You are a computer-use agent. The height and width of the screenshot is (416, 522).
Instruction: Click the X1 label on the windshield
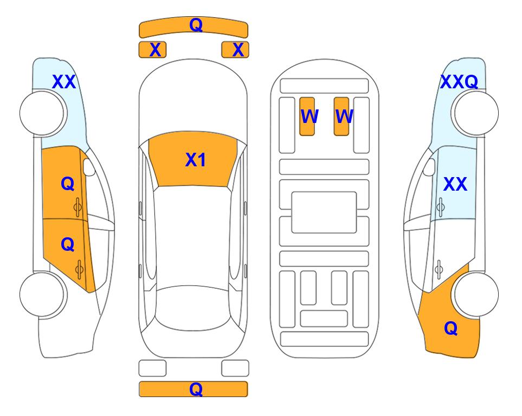(x=196, y=160)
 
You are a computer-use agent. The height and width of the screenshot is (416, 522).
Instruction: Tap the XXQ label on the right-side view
(x=459, y=82)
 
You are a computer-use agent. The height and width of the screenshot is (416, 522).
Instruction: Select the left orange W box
(x=307, y=116)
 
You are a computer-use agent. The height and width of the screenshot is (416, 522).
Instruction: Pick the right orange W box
(x=341, y=116)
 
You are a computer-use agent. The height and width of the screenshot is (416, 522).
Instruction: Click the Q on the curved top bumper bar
(x=196, y=25)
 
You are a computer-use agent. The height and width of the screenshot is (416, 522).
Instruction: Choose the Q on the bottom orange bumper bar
(x=196, y=389)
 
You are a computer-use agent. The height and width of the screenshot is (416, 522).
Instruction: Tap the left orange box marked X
(x=152, y=50)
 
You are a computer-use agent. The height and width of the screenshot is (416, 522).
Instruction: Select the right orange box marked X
(x=235, y=50)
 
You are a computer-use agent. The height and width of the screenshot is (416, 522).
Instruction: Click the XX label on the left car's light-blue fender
(x=64, y=82)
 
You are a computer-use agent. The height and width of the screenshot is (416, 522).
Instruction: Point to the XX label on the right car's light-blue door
(x=455, y=184)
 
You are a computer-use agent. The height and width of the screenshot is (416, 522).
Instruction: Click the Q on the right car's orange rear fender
(x=451, y=328)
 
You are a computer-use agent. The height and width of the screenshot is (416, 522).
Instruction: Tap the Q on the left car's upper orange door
(x=68, y=184)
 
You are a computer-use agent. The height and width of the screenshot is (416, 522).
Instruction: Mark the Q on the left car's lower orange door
(x=68, y=245)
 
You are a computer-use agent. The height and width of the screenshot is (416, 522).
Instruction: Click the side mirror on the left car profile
(x=88, y=167)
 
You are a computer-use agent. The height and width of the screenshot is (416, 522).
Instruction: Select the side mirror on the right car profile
(x=429, y=167)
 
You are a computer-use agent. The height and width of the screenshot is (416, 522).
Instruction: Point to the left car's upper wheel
(x=42, y=113)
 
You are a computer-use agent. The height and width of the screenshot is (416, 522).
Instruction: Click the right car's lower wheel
(x=476, y=294)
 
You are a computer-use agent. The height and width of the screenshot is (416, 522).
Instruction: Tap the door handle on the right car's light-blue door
(x=440, y=207)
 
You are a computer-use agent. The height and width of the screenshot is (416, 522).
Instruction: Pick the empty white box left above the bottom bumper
(x=152, y=368)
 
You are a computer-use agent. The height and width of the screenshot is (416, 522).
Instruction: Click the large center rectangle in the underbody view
(x=324, y=212)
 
